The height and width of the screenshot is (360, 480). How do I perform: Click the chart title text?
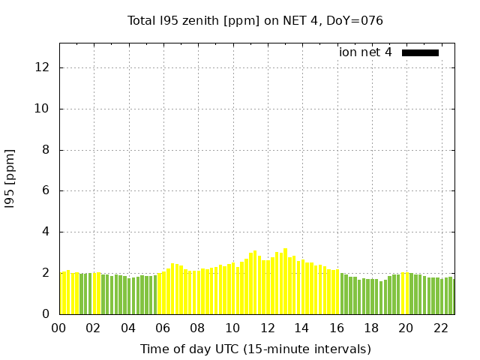tap(255, 20)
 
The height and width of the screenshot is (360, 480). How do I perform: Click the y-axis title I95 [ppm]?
tap(10, 178)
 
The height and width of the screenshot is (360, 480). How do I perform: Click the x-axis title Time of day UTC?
tap(255, 349)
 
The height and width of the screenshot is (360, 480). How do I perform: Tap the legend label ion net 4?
tap(365, 52)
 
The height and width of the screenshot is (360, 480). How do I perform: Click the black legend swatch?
tap(420, 52)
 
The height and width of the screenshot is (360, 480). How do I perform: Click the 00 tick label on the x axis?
tap(59, 328)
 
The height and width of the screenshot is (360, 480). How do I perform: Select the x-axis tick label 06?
tap(163, 328)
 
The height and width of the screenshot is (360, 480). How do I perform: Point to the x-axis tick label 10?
tap(232, 328)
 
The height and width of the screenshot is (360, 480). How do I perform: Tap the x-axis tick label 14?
tap(301, 328)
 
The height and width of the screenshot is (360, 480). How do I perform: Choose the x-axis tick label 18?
tap(370, 328)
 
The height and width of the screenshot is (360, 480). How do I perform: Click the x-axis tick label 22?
tap(440, 328)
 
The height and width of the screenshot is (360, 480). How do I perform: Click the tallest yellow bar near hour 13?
tap(285, 281)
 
